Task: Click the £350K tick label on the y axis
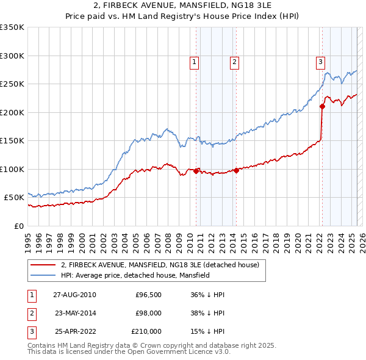(x=12, y=27)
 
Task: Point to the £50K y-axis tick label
(x=14, y=198)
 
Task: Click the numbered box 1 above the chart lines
(x=194, y=61)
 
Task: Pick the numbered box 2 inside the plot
(x=234, y=61)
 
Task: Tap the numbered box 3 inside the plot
(x=320, y=61)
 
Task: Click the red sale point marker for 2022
(x=322, y=107)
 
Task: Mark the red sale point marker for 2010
(x=196, y=171)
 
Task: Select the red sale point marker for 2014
(x=236, y=170)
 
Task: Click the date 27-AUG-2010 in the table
(x=74, y=294)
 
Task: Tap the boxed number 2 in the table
(x=30, y=312)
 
